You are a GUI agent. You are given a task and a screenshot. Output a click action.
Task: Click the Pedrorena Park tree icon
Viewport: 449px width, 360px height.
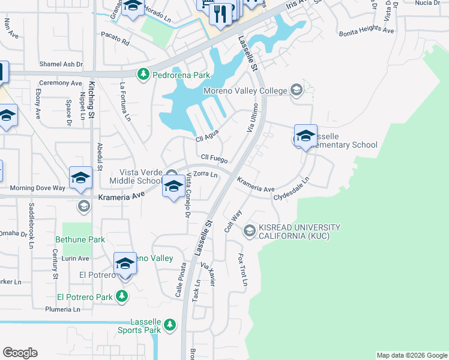pos(143,75)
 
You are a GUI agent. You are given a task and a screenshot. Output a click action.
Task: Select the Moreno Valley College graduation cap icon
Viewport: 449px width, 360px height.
pos(296,91)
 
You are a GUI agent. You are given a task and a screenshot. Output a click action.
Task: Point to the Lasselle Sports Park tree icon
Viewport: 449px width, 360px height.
pos(170,325)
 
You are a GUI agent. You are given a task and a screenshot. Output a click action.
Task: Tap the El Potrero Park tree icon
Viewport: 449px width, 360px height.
pos(122,296)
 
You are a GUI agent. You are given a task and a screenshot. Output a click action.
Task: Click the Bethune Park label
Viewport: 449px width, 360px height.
pos(80,239)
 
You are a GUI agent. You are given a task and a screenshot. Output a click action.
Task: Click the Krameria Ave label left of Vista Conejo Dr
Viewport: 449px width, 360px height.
pos(122,196)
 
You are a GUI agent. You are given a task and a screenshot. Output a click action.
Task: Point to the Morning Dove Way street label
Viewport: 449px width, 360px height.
pos(37,188)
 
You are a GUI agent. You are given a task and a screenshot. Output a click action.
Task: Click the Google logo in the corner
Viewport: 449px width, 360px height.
pos(20,353)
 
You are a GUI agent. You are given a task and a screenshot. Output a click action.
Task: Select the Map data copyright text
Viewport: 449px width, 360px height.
pos(412,355)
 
